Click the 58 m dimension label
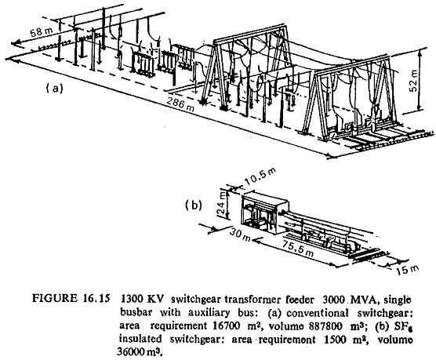point(42,32)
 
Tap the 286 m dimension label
point(180,104)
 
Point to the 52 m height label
point(414,80)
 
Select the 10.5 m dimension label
point(260,177)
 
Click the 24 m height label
point(222,204)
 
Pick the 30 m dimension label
point(240,236)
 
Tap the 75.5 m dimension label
point(298,249)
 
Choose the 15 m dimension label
point(407,270)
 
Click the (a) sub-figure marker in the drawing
point(55,89)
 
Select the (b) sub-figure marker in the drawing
point(193,205)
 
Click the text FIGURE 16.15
point(70,298)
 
